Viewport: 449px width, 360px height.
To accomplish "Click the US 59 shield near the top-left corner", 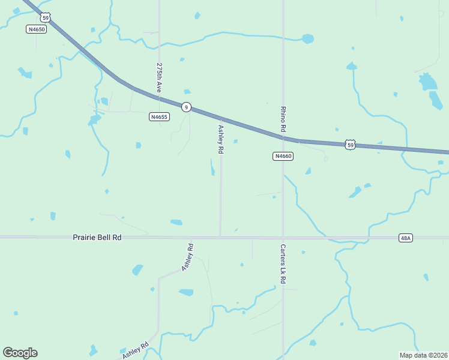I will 46,17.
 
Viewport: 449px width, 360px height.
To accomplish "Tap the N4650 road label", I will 37,29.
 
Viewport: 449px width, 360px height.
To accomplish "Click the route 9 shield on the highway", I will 187,107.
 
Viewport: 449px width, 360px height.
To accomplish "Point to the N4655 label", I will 158,117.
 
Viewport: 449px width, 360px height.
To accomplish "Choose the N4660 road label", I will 282,156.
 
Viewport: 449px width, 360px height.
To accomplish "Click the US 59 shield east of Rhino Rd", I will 351,145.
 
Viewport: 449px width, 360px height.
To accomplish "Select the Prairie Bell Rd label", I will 97,238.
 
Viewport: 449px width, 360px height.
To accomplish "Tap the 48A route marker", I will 406,238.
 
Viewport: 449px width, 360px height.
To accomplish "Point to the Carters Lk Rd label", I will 282,263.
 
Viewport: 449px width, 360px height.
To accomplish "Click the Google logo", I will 20,353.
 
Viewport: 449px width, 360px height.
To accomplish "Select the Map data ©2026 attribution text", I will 423,355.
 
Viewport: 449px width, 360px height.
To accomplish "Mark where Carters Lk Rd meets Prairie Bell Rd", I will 283,238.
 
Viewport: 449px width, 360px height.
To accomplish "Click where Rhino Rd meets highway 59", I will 283,138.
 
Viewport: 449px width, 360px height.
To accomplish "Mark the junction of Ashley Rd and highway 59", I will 220,118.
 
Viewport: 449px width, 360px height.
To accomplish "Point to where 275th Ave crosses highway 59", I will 160,97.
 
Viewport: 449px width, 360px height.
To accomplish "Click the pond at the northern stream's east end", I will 308,39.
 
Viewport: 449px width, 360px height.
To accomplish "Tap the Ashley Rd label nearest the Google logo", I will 136,350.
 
